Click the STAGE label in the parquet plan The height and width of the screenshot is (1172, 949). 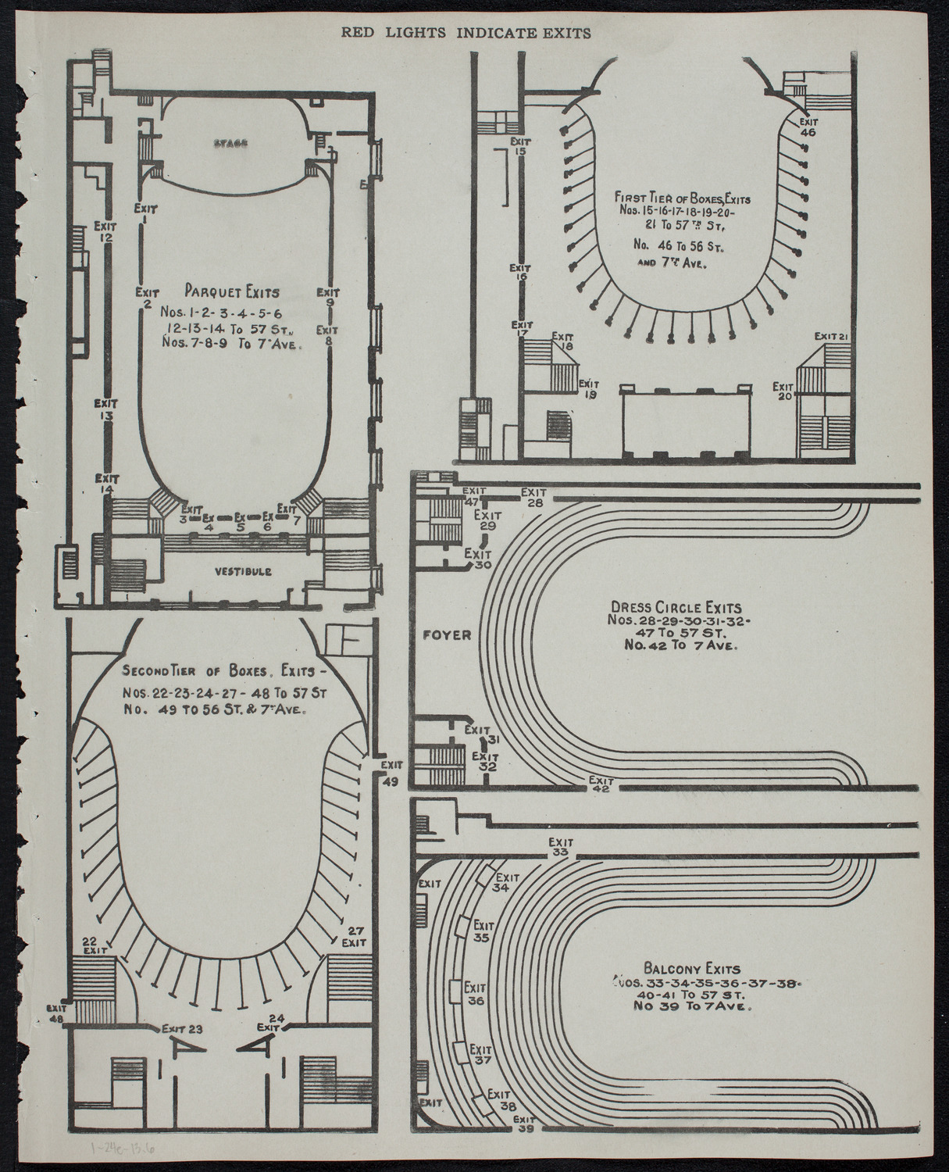tap(229, 144)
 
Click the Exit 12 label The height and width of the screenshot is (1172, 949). tap(105, 231)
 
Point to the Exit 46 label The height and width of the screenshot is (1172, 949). tap(808, 127)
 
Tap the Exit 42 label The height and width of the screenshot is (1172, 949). tap(600, 784)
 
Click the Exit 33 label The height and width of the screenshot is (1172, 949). tap(559, 847)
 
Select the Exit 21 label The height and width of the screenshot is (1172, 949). tap(831, 336)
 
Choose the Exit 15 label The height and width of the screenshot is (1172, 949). tap(519, 146)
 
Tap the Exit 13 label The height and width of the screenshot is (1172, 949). tap(105, 410)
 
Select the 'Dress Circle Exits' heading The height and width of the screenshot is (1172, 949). tap(676, 607)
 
